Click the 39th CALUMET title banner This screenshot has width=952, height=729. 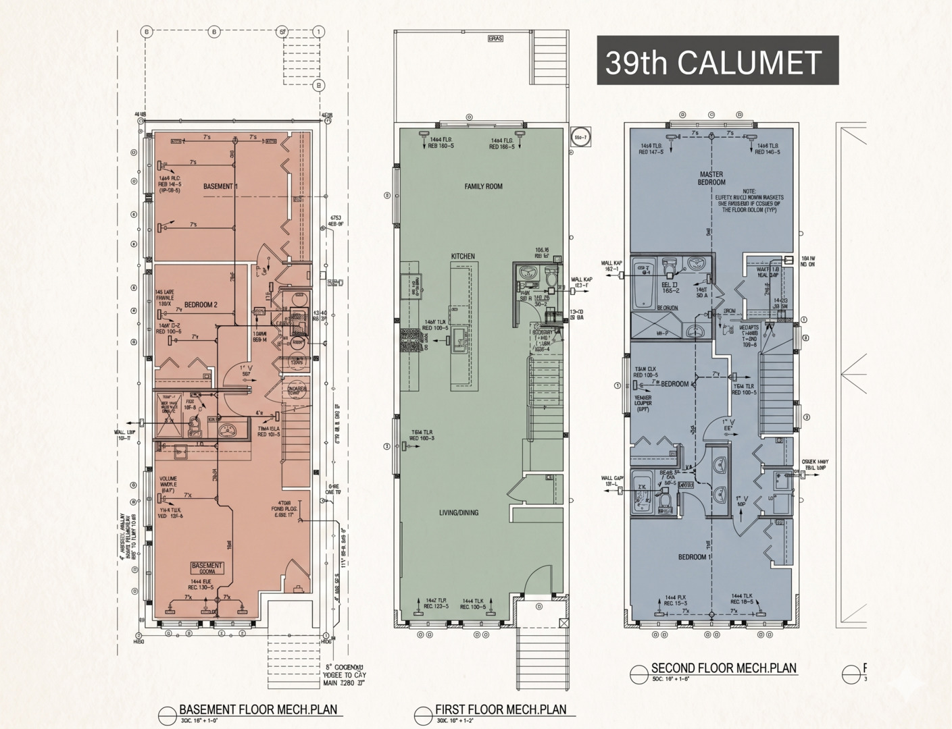(x=717, y=61)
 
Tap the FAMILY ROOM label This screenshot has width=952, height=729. (x=483, y=186)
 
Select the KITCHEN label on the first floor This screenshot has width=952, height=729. (x=463, y=256)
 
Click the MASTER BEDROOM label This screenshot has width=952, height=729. (x=711, y=178)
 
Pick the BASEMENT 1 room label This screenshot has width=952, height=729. (x=220, y=186)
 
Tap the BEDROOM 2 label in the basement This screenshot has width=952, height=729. (x=201, y=304)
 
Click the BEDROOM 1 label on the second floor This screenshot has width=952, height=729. (x=695, y=558)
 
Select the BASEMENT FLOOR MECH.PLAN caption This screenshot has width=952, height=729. (x=257, y=709)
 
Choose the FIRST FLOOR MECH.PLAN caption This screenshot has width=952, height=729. (x=501, y=709)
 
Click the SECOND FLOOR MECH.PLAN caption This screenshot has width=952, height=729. (x=724, y=668)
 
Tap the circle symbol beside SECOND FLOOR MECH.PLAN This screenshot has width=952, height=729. (x=638, y=674)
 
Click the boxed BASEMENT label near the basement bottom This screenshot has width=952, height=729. (x=206, y=566)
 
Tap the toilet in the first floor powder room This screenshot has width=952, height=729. (x=551, y=277)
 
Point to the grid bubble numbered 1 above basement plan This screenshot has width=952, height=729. (x=319, y=32)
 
